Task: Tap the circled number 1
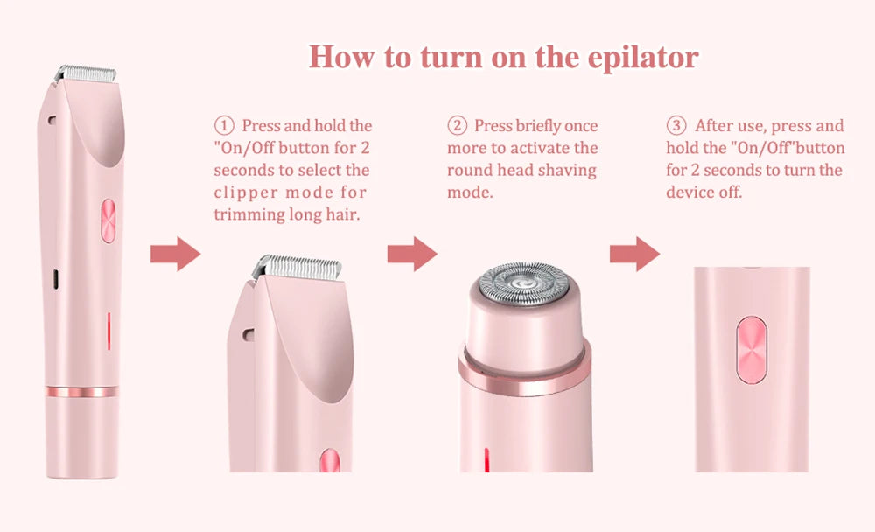click(x=223, y=126)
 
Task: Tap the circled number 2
click(x=456, y=126)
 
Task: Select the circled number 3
click(x=676, y=126)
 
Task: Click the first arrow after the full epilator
click(x=175, y=254)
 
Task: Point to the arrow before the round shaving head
click(x=412, y=254)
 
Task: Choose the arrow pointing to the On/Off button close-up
click(x=634, y=254)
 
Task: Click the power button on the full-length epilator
click(x=108, y=220)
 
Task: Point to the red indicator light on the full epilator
click(x=108, y=331)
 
